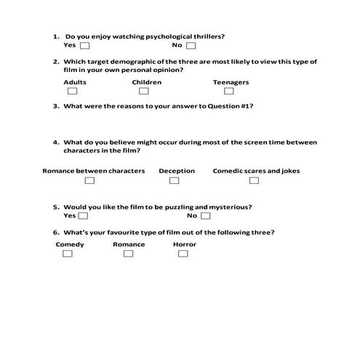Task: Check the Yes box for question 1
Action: point(84,45)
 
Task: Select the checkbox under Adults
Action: point(72,92)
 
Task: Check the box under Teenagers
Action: point(229,92)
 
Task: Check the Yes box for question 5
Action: point(84,216)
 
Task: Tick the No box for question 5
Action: point(206,216)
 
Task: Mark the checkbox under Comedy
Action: point(68,254)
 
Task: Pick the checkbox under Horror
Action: point(183,254)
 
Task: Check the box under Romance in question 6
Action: point(129,254)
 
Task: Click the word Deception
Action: point(177,172)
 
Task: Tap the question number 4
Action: point(55,142)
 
